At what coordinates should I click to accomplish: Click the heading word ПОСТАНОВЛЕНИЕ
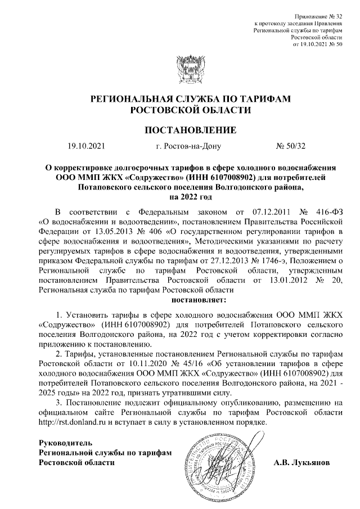[180, 131]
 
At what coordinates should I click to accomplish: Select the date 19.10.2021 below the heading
[85, 147]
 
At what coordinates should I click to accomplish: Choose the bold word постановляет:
[180, 299]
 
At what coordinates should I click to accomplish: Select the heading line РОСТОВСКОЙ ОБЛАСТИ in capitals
[180, 110]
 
